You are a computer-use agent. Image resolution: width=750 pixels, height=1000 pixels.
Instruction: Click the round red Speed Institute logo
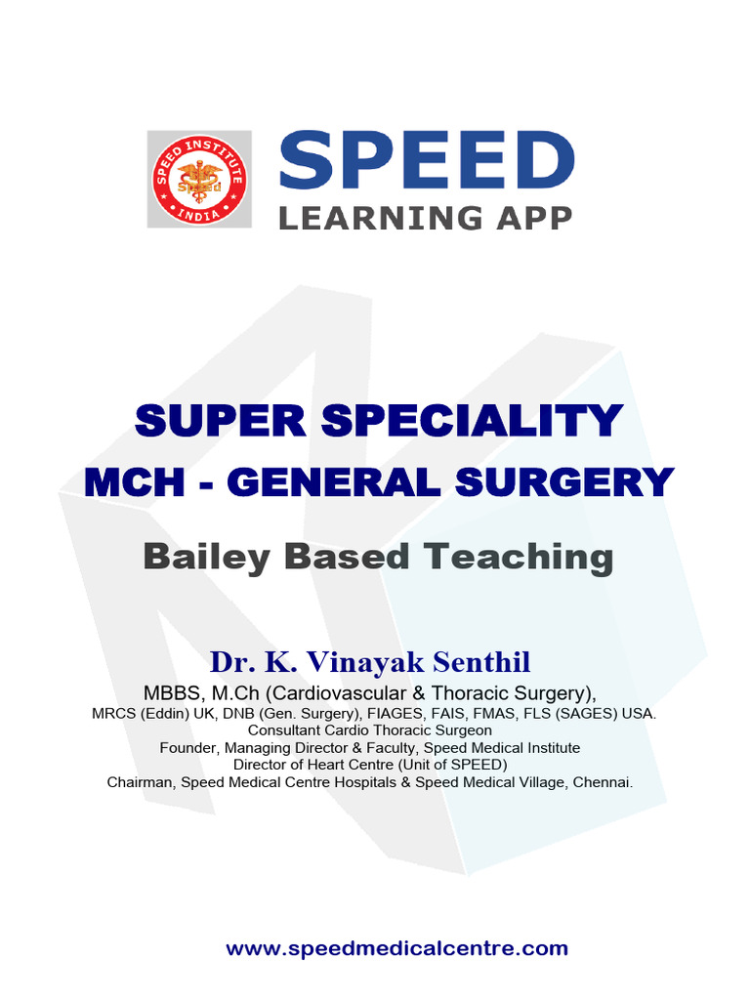(x=199, y=180)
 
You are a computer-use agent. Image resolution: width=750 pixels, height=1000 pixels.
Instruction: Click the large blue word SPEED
(x=427, y=162)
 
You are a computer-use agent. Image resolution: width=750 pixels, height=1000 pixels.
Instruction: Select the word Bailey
(x=195, y=557)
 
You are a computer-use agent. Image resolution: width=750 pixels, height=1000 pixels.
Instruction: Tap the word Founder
(x=188, y=748)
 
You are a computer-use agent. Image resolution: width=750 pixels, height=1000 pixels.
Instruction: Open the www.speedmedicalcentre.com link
(x=396, y=948)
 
